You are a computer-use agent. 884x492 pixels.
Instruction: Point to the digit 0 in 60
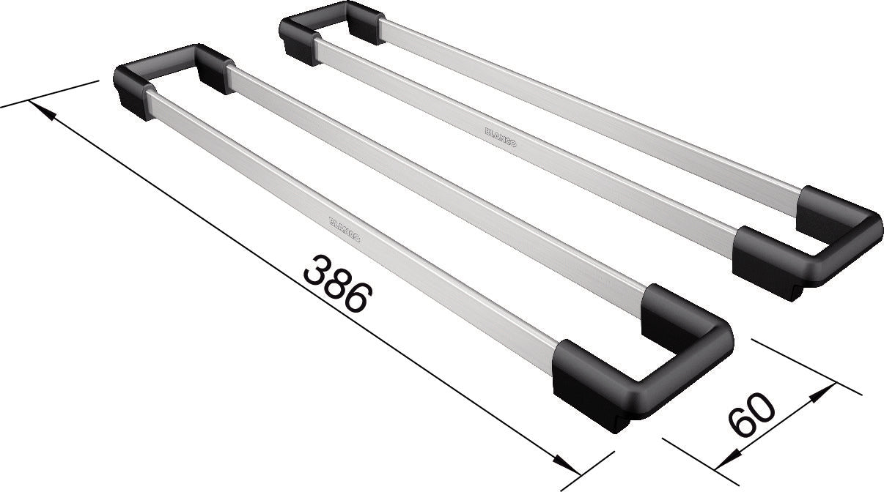(x=762, y=408)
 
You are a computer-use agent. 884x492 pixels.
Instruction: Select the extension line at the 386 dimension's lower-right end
(x=586, y=472)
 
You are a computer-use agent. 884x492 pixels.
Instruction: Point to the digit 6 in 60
(x=740, y=425)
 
